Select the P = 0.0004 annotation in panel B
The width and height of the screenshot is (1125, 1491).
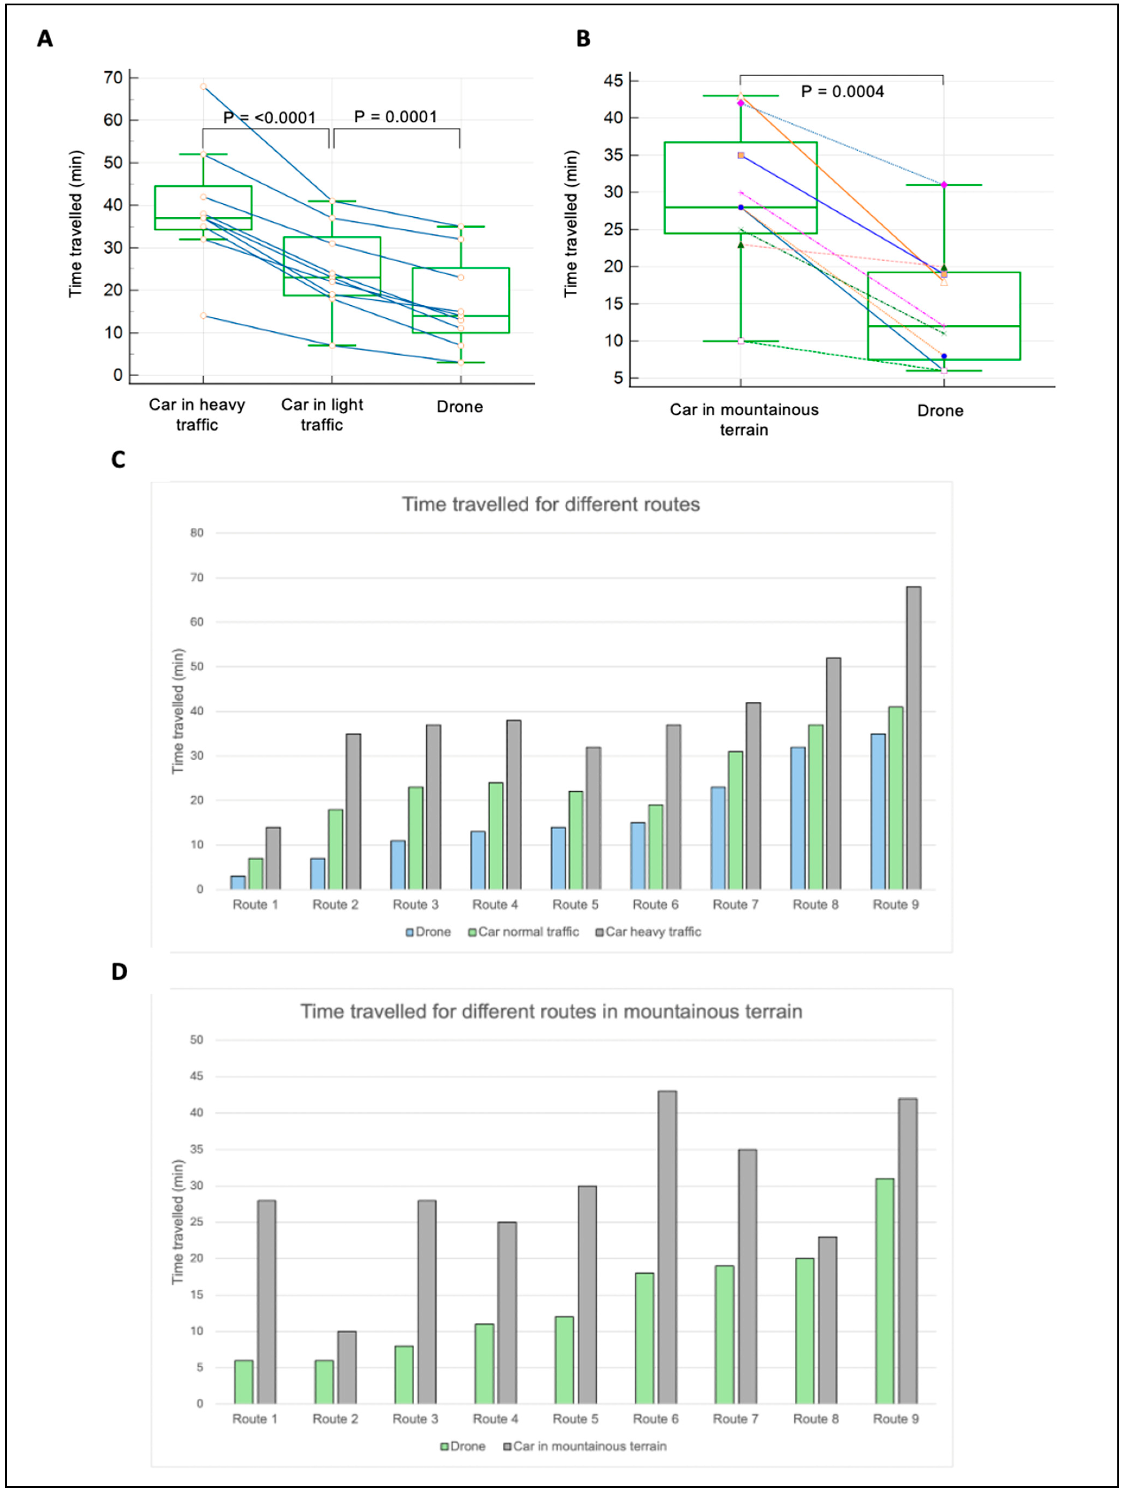(842, 92)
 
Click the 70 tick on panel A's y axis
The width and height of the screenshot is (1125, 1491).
(113, 78)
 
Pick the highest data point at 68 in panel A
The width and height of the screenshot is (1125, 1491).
(203, 86)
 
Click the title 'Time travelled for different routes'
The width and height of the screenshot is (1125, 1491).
(551, 504)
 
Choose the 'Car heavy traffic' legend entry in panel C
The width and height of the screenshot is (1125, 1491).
(649, 932)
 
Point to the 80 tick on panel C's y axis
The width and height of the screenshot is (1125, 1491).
(196, 532)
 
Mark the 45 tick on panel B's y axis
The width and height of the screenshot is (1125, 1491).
(614, 81)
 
